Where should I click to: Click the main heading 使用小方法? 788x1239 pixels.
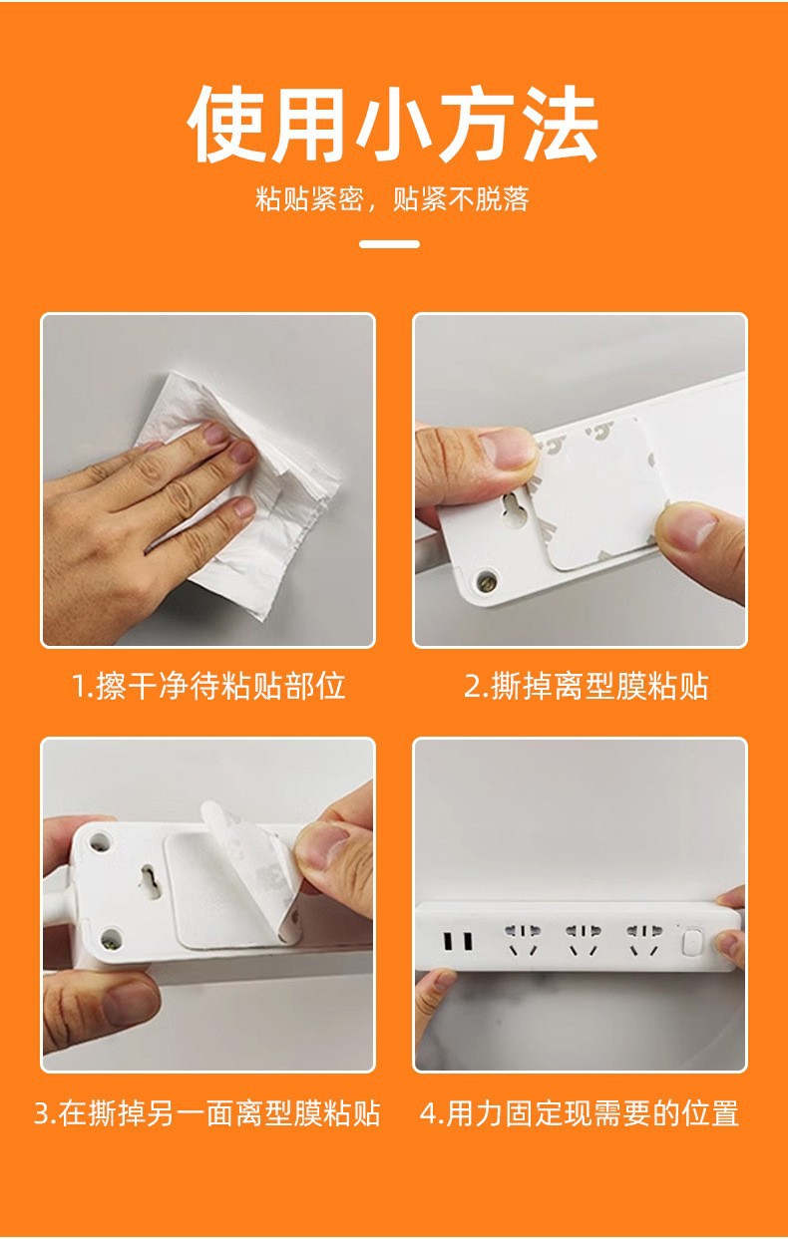coord(393,125)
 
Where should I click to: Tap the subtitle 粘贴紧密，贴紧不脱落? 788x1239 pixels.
coord(392,199)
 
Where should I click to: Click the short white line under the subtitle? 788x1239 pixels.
coord(390,244)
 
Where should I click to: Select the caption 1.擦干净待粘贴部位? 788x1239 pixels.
coord(208,687)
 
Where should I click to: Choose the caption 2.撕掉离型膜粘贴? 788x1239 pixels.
coord(587,687)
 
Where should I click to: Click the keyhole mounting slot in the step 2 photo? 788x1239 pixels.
coord(512,506)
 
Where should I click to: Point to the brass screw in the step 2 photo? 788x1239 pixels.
coord(487,581)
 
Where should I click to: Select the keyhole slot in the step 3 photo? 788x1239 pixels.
coord(150,882)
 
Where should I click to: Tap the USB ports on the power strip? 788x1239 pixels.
coord(458,941)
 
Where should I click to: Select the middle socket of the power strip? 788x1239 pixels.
coord(583,940)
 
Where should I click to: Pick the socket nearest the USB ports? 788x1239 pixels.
coord(522,940)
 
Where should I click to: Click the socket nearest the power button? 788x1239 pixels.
coord(643,940)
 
